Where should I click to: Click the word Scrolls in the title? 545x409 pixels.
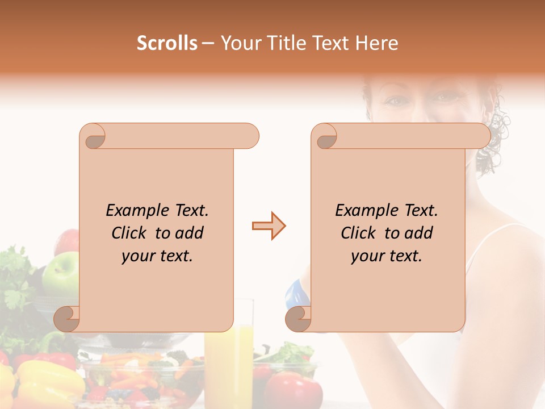(167, 43)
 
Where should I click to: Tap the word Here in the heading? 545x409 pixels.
(377, 43)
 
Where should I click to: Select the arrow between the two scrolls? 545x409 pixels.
(269, 226)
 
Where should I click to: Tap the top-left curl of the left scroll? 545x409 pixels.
(93, 136)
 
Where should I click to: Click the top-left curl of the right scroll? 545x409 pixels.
(325, 136)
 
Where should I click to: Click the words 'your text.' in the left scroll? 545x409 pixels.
(157, 256)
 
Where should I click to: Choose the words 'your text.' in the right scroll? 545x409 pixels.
(387, 256)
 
